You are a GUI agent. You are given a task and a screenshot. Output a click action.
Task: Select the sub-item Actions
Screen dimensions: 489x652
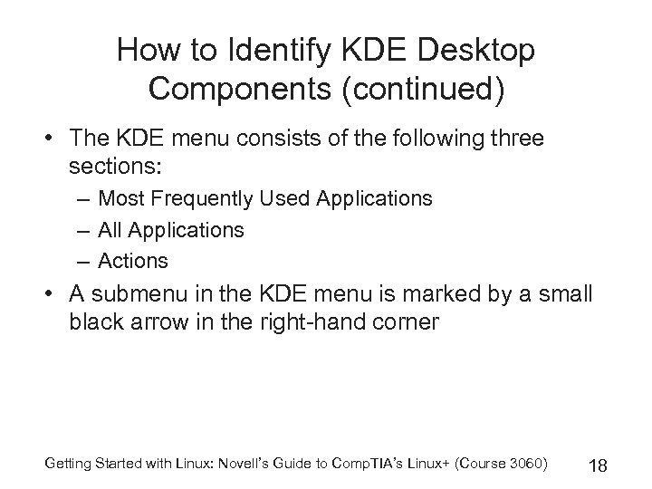tap(133, 261)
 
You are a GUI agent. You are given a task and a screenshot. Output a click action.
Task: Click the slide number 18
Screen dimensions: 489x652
tap(597, 465)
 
